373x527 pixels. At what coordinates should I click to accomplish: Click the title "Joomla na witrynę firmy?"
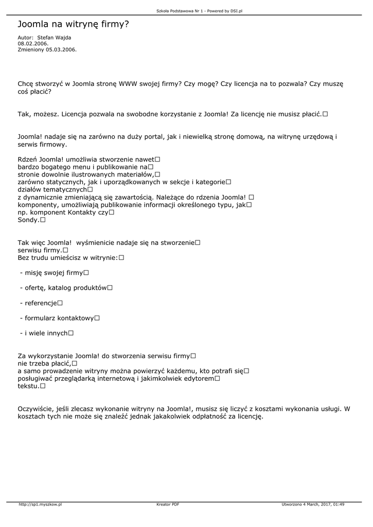click(74, 24)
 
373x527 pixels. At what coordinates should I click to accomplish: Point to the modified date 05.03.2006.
click(61, 50)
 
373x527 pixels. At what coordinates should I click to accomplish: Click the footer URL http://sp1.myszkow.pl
click(40, 504)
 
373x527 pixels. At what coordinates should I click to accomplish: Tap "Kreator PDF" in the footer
click(168, 504)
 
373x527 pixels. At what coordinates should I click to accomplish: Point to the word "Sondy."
click(28, 220)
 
